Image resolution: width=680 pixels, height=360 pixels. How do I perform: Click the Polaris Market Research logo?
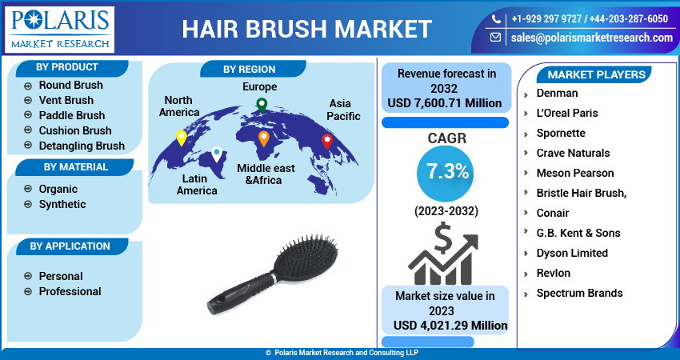click(60, 29)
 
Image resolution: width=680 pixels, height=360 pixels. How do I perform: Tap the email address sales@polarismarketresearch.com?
click(591, 38)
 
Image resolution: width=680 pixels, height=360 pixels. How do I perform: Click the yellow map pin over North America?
click(182, 138)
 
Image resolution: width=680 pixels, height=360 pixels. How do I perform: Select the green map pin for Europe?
click(262, 106)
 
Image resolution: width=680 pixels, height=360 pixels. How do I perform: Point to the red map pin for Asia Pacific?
click(327, 142)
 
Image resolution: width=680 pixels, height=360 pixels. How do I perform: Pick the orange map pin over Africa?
click(264, 138)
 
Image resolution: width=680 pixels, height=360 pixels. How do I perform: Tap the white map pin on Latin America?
click(217, 154)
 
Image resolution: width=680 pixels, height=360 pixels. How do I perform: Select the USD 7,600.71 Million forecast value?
click(445, 103)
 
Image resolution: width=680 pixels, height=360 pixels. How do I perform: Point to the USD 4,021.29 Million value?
click(450, 326)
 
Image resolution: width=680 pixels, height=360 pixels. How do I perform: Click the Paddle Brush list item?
click(72, 115)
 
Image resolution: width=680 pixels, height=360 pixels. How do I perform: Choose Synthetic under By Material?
click(62, 204)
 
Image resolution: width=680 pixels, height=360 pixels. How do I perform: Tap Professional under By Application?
click(70, 291)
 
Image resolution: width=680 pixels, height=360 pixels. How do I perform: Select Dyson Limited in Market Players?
click(572, 253)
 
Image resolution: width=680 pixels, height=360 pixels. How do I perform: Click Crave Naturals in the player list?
click(573, 153)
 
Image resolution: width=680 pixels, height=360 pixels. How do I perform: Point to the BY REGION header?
click(250, 70)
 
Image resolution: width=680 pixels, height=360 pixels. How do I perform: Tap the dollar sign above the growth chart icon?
click(442, 238)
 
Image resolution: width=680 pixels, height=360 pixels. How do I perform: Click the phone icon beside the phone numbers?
click(496, 19)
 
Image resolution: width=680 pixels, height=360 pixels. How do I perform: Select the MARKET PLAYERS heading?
click(596, 74)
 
